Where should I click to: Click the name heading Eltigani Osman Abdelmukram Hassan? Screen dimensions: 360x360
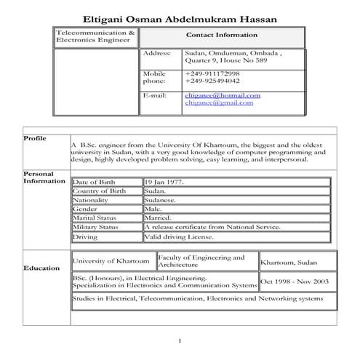179,18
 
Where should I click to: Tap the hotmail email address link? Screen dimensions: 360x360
223,95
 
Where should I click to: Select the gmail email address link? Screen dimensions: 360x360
219,103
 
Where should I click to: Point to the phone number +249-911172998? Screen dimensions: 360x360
212,74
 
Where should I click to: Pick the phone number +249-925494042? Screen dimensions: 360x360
212,81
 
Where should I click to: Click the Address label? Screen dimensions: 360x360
156,53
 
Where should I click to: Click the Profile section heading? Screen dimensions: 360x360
34,138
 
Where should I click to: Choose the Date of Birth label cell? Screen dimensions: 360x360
94,182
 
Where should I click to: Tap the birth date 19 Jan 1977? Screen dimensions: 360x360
164,182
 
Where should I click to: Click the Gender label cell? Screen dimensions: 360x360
85,209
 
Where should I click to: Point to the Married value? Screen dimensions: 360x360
158,217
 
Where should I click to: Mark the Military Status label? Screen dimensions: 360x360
95,227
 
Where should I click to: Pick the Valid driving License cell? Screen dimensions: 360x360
177,236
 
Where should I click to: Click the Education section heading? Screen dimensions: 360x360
41,268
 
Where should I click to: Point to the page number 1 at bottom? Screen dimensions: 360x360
180,342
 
